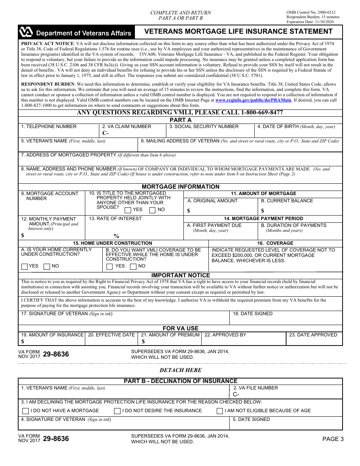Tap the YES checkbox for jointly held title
click(x=128, y=210)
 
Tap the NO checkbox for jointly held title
click(x=152, y=210)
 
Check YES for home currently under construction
click(x=25, y=266)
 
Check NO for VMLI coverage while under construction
click(x=133, y=266)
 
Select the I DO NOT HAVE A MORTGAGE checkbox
click(x=25, y=411)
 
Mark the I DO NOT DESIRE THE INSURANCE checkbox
click(x=117, y=411)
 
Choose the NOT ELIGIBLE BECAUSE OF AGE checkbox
click(x=220, y=411)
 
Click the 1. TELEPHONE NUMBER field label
click(x=49, y=127)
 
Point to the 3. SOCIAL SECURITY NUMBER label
click(x=204, y=127)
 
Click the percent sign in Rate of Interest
click(x=116, y=236)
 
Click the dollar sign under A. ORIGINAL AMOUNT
click(x=189, y=211)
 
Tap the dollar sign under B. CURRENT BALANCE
click(x=263, y=211)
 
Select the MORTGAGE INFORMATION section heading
click(x=180, y=187)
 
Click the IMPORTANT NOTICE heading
click(x=180, y=275)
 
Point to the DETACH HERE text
click(x=180, y=370)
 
